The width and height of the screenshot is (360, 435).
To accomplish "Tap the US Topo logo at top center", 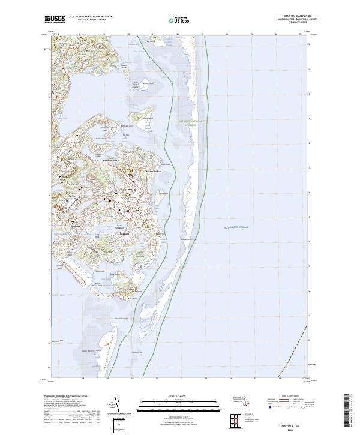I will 181,20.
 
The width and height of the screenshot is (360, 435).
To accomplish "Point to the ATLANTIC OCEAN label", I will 235,228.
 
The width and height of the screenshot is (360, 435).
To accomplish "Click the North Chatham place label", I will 153,171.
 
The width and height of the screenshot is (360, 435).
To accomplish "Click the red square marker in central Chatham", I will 128,211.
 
